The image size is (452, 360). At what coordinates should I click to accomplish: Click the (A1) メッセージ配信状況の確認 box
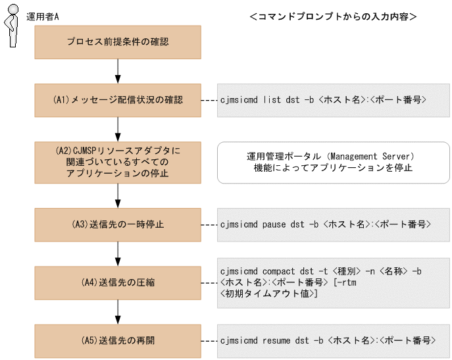click(x=118, y=101)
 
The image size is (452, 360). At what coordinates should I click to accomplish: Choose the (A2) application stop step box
click(x=118, y=162)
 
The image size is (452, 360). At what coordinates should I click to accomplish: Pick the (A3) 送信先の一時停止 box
click(x=118, y=224)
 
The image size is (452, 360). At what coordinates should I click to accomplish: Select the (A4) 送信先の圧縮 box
click(x=118, y=283)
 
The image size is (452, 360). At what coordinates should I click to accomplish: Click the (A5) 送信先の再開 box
click(x=118, y=341)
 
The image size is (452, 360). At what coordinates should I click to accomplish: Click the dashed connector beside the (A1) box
click(x=209, y=101)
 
